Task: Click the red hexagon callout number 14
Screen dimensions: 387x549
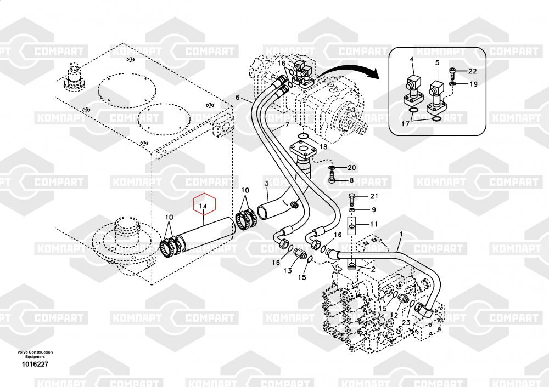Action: pyautogui.click(x=203, y=206)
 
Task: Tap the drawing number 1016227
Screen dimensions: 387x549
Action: pyautogui.click(x=35, y=364)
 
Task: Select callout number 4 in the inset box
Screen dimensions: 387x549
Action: pyautogui.click(x=411, y=59)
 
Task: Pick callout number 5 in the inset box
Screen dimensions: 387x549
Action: pyautogui.click(x=437, y=63)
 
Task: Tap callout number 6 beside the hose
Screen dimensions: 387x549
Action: pyautogui.click(x=238, y=98)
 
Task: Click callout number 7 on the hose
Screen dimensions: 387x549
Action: pyautogui.click(x=285, y=126)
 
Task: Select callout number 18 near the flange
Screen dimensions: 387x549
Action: pyautogui.click(x=323, y=147)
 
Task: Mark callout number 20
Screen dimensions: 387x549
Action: pyautogui.click(x=351, y=167)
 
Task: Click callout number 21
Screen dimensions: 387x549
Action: pyautogui.click(x=374, y=196)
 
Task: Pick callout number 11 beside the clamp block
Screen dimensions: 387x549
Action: pyautogui.click(x=374, y=224)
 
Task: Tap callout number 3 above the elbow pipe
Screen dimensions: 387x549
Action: pyautogui.click(x=267, y=183)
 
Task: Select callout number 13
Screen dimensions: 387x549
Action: pyautogui.click(x=287, y=271)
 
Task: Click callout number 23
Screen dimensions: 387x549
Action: pyautogui.click(x=406, y=323)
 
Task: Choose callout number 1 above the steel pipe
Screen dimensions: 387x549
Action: pyautogui.click(x=401, y=234)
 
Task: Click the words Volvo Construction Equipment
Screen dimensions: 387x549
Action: pyautogui.click(x=35, y=354)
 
